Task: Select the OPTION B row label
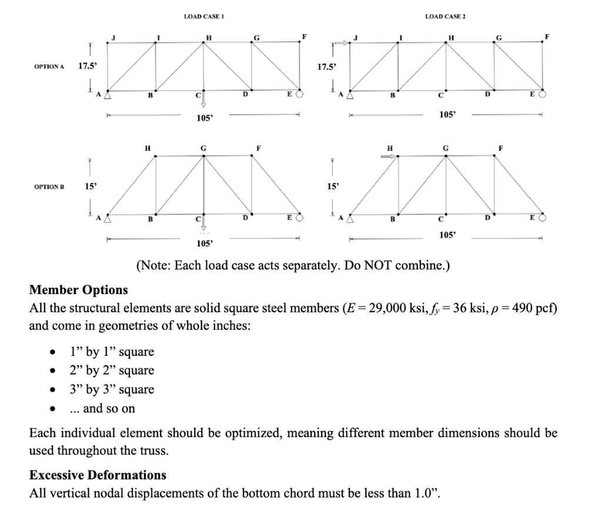click(49, 186)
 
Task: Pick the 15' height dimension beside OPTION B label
click(89, 186)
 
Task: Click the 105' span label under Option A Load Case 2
click(446, 115)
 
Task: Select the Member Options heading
click(78, 290)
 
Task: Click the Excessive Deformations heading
click(98, 475)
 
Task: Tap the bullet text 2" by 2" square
click(112, 371)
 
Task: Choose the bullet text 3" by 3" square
click(112, 389)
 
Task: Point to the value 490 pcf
click(531, 308)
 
